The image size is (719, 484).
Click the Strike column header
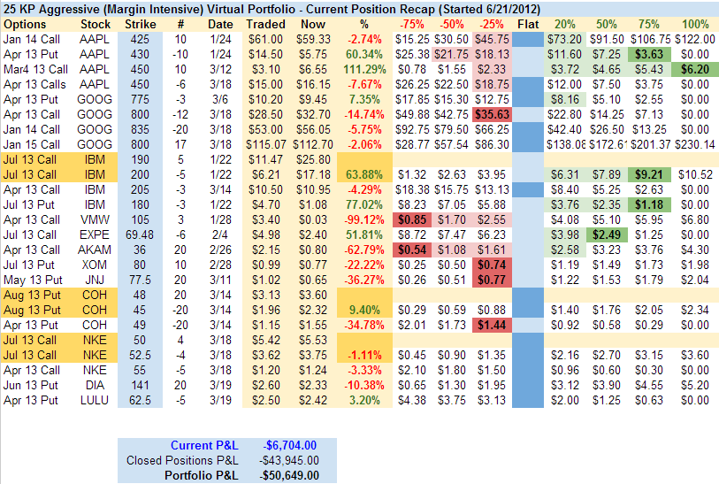tap(141, 24)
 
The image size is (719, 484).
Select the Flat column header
tap(528, 24)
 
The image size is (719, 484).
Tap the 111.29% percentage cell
tap(362, 68)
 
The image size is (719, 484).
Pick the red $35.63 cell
tap(490, 113)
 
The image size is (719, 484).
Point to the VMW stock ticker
tap(96, 219)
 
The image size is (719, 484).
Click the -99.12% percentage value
tap(362, 219)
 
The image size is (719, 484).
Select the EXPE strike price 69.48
tap(141, 234)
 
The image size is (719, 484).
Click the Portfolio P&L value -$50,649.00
tap(291, 475)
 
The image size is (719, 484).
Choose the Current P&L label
tap(204, 445)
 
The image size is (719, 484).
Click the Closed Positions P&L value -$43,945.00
tap(291, 460)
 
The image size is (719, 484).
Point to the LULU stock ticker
tap(96, 399)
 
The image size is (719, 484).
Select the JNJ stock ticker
tap(96, 279)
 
